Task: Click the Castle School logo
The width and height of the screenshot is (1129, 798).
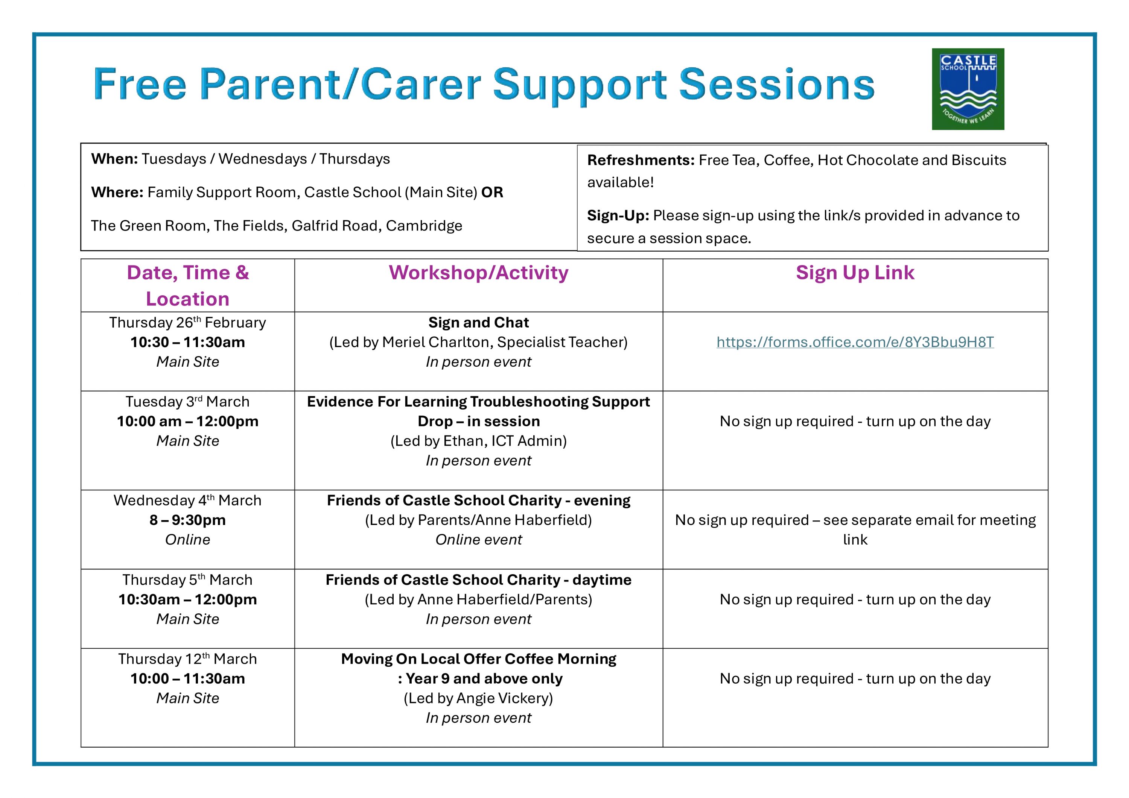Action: coord(968,89)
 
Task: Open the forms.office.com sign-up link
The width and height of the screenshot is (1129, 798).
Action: coord(855,342)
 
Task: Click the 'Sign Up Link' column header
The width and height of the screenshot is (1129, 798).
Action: coord(855,273)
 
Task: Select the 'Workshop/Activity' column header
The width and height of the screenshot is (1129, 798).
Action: coord(478,273)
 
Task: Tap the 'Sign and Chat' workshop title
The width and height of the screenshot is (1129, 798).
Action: coord(478,322)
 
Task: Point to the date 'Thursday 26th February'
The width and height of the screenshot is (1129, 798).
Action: coord(187,322)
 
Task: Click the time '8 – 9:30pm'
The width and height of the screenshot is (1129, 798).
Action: coord(187,520)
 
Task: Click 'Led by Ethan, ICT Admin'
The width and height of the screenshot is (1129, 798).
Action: coord(478,441)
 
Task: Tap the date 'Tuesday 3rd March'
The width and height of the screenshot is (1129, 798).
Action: coord(187,402)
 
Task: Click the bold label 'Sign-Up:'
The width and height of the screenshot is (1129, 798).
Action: coord(618,216)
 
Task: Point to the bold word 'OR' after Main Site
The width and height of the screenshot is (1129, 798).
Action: coord(492,192)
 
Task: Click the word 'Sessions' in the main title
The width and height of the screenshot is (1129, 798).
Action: coord(776,84)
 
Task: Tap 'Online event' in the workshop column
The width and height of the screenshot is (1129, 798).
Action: coord(478,540)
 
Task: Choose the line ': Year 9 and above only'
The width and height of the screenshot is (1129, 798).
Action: coord(480,678)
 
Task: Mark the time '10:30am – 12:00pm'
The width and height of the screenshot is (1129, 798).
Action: coord(187,599)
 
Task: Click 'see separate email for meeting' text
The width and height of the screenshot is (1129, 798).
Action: coord(930,520)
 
